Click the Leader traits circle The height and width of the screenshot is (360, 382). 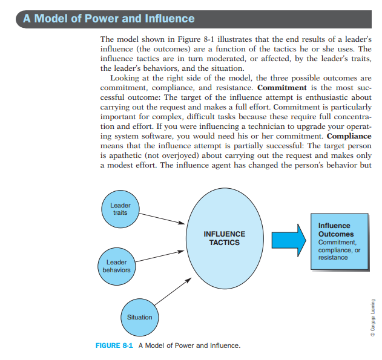[120, 209]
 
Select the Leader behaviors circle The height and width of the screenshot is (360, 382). [116, 266]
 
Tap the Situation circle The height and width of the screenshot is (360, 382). [139, 316]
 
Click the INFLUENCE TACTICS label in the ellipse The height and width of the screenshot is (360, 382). [225, 238]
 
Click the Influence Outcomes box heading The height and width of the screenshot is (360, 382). [336, 230]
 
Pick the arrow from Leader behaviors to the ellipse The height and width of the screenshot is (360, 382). [160, 255]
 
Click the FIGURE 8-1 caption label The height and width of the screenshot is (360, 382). [115, 345]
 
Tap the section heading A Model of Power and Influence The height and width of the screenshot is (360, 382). [109, 18]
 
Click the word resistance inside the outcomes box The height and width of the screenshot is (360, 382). [333, 257]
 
